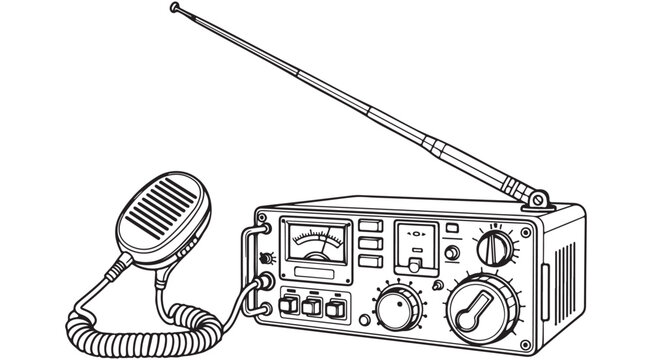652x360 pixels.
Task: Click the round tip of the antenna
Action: (176, 8)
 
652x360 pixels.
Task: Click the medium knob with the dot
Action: (399, 306)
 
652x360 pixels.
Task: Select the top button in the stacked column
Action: (369, 226)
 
